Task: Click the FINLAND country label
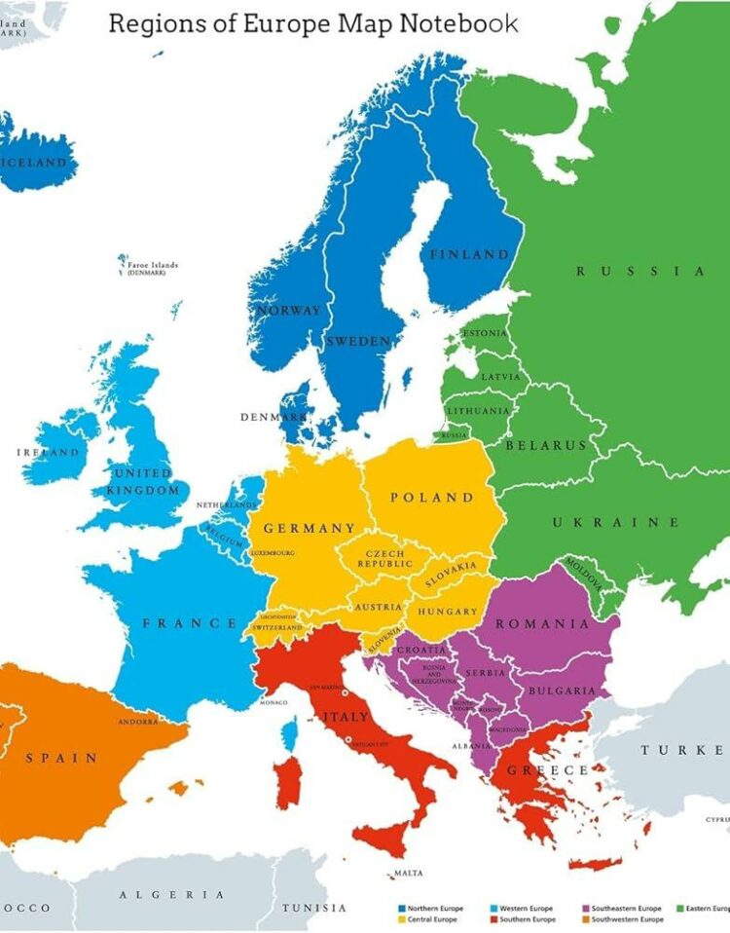(470, 254)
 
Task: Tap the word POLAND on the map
(431, 498)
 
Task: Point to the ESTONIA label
(485, 333)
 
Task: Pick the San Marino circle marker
(344, 692)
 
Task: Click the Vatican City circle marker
(347, 742)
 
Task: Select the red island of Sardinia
(285, 784)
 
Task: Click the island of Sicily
(381, 837)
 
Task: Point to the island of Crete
(595, 863)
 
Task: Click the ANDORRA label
(137, 722)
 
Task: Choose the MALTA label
(408, 874)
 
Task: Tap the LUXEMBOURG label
(273, 552)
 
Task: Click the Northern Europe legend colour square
(402, 909)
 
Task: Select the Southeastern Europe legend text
(626, 909)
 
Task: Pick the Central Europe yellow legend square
(402, 919)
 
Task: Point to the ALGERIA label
(171, 894)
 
